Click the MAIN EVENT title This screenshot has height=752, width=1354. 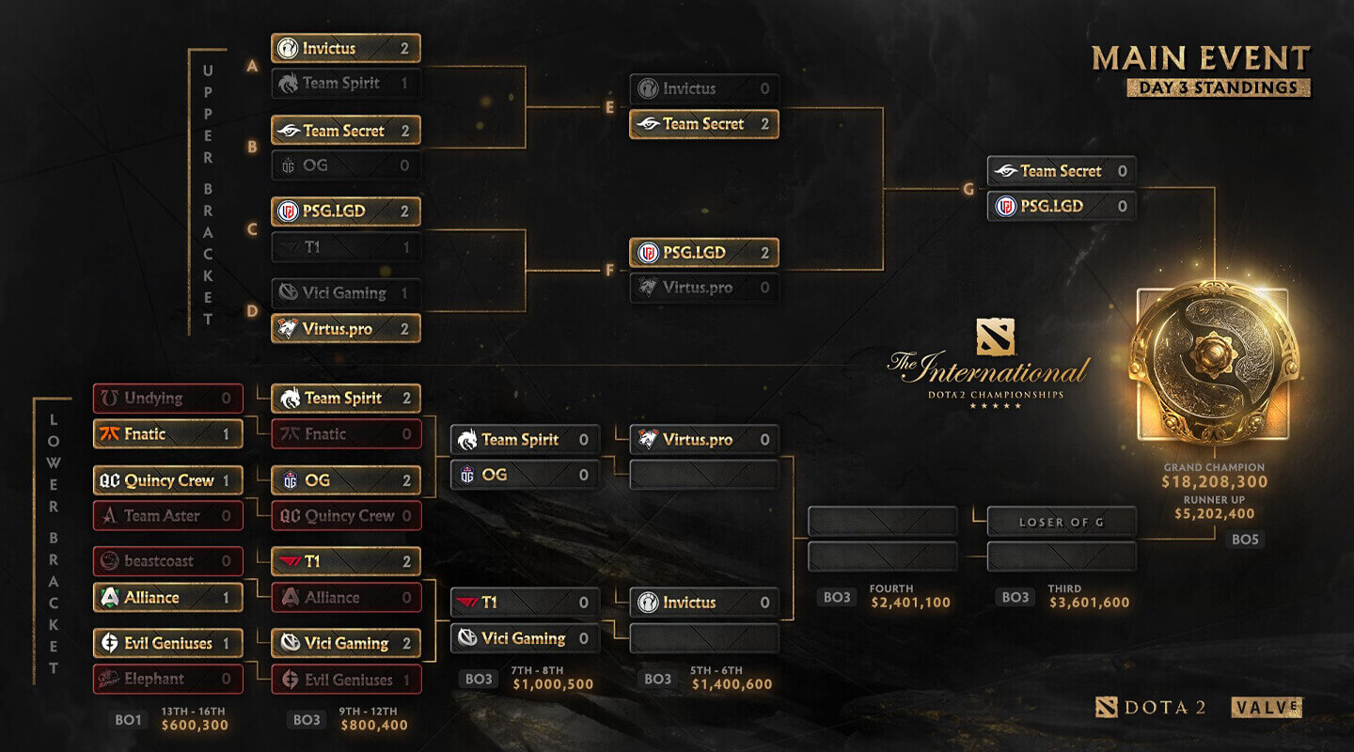click(x=1201, y=58)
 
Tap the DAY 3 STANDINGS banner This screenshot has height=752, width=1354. click(x=1219, y=87)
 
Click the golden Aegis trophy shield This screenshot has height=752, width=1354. click(x=1213, y=362)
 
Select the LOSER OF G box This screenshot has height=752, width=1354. click(x=1062, y=522)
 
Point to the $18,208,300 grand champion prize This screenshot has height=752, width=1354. click(x=1215, y=482)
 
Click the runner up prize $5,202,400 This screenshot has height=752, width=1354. click(x=1215, y=514)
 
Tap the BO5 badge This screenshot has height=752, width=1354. click(x=1245, y=540)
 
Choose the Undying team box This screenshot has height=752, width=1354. click(x=168, y=399)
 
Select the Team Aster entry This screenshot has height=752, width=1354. click(x=168, y=516)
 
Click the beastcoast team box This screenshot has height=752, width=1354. click(x=168, y=561)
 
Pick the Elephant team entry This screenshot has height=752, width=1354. click(x=168, y=679)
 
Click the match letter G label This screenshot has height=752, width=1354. click(x=968, y=189)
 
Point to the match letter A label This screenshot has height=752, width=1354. click(x=253, y=67)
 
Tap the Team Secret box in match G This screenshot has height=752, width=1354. click(x=1062, y=171)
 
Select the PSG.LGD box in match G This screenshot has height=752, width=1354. click(x=1062, y=206)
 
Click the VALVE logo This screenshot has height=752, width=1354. click(x=1267, y=707)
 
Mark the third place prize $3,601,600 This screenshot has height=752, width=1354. click(x=1089, y=603)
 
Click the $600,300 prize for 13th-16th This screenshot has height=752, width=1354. click(x=195, y=726)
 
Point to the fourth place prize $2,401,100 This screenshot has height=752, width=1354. click(x=910, y=603)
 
